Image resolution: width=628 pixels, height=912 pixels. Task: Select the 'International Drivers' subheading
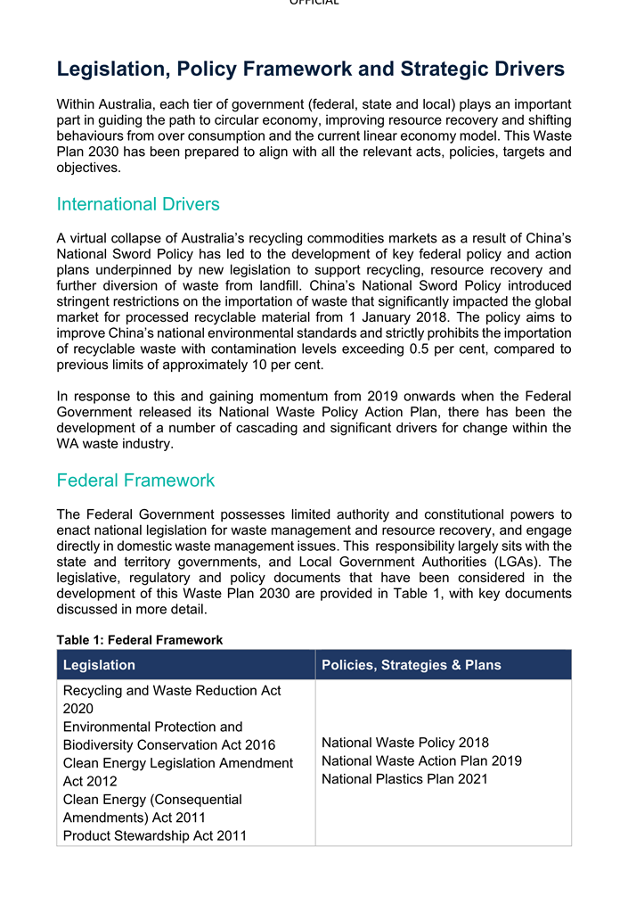click(138, 204)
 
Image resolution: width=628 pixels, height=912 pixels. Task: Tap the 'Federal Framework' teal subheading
click(135, 481)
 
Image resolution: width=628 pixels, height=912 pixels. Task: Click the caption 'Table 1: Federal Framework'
click(140, 640)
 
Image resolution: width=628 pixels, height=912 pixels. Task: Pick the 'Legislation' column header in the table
click(99, 665)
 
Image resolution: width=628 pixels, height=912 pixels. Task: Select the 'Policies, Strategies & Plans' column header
click(411, 665)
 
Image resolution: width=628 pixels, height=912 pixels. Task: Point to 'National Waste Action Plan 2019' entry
click(421, 761)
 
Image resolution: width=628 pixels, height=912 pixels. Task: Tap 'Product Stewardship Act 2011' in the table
click(155, 835)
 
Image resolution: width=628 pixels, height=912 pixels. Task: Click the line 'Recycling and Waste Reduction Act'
click(172, 690)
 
